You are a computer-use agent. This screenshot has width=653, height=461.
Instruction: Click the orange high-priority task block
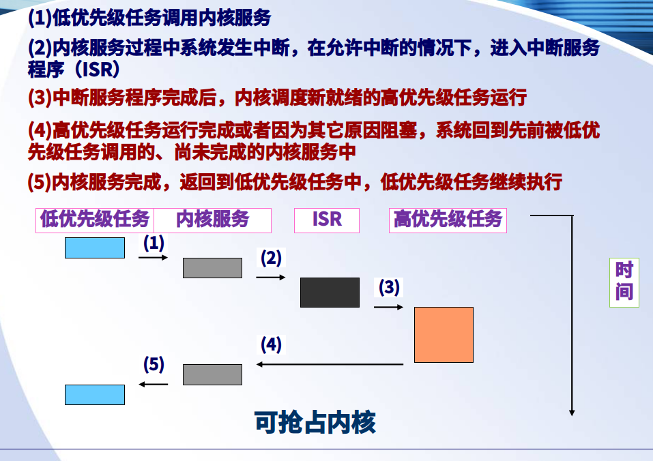pyautogui.click(x=444, y=335)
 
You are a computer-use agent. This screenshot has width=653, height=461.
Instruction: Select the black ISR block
pyautogui.click(x=330, y=293)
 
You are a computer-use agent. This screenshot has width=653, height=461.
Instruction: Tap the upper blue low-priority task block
pyautogui.click(x=95, y=248)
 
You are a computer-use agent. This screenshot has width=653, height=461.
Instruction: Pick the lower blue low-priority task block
pyautogui.click(x=95, y=394)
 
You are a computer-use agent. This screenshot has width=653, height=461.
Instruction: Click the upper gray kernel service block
pyautogui.click(x=212, y=268)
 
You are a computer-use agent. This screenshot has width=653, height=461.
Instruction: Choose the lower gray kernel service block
pyautogui.click(x=212, y=374)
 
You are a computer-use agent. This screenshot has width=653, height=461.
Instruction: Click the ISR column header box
pyautogui.click(x=326, y=220)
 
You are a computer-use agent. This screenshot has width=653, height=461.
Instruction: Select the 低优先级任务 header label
pyautogui.click(x=95, y=220)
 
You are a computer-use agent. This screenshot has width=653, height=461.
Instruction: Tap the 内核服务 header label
pyautogui.click(x=212, y=220)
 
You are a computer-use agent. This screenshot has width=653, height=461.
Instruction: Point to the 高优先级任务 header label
pyautogui.click(x=448, y=220)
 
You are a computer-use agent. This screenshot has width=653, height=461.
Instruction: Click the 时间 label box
pyautogui.click(x=624, y=282)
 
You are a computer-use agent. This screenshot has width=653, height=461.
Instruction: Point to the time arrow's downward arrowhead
pyautogui.click(x=572, y=413)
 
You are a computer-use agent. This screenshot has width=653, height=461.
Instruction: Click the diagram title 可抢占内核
pyautogui.click(x=315, y=423)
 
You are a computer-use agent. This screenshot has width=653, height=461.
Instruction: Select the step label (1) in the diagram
pyautogui.click(x=154, y=243)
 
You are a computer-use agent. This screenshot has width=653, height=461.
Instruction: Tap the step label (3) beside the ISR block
pyautogui.click(x=389, y=287)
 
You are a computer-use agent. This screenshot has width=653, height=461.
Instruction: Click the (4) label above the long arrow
pyautogui.click(x=271, y=344)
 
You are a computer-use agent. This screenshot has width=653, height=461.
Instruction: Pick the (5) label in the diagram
pyautogui.click(x=154, y=364)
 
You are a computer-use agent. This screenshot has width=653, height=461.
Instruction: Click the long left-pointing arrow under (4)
pyautogui.click(x=330, y=364)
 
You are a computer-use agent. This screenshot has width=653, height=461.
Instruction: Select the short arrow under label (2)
pyautogui.click(x=271, y=277)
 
